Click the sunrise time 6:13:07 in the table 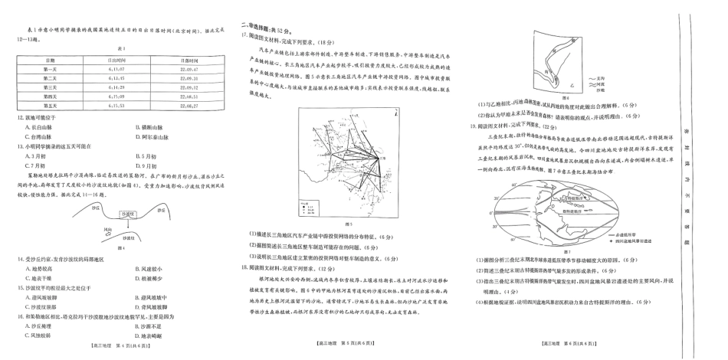pos(116,69)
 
